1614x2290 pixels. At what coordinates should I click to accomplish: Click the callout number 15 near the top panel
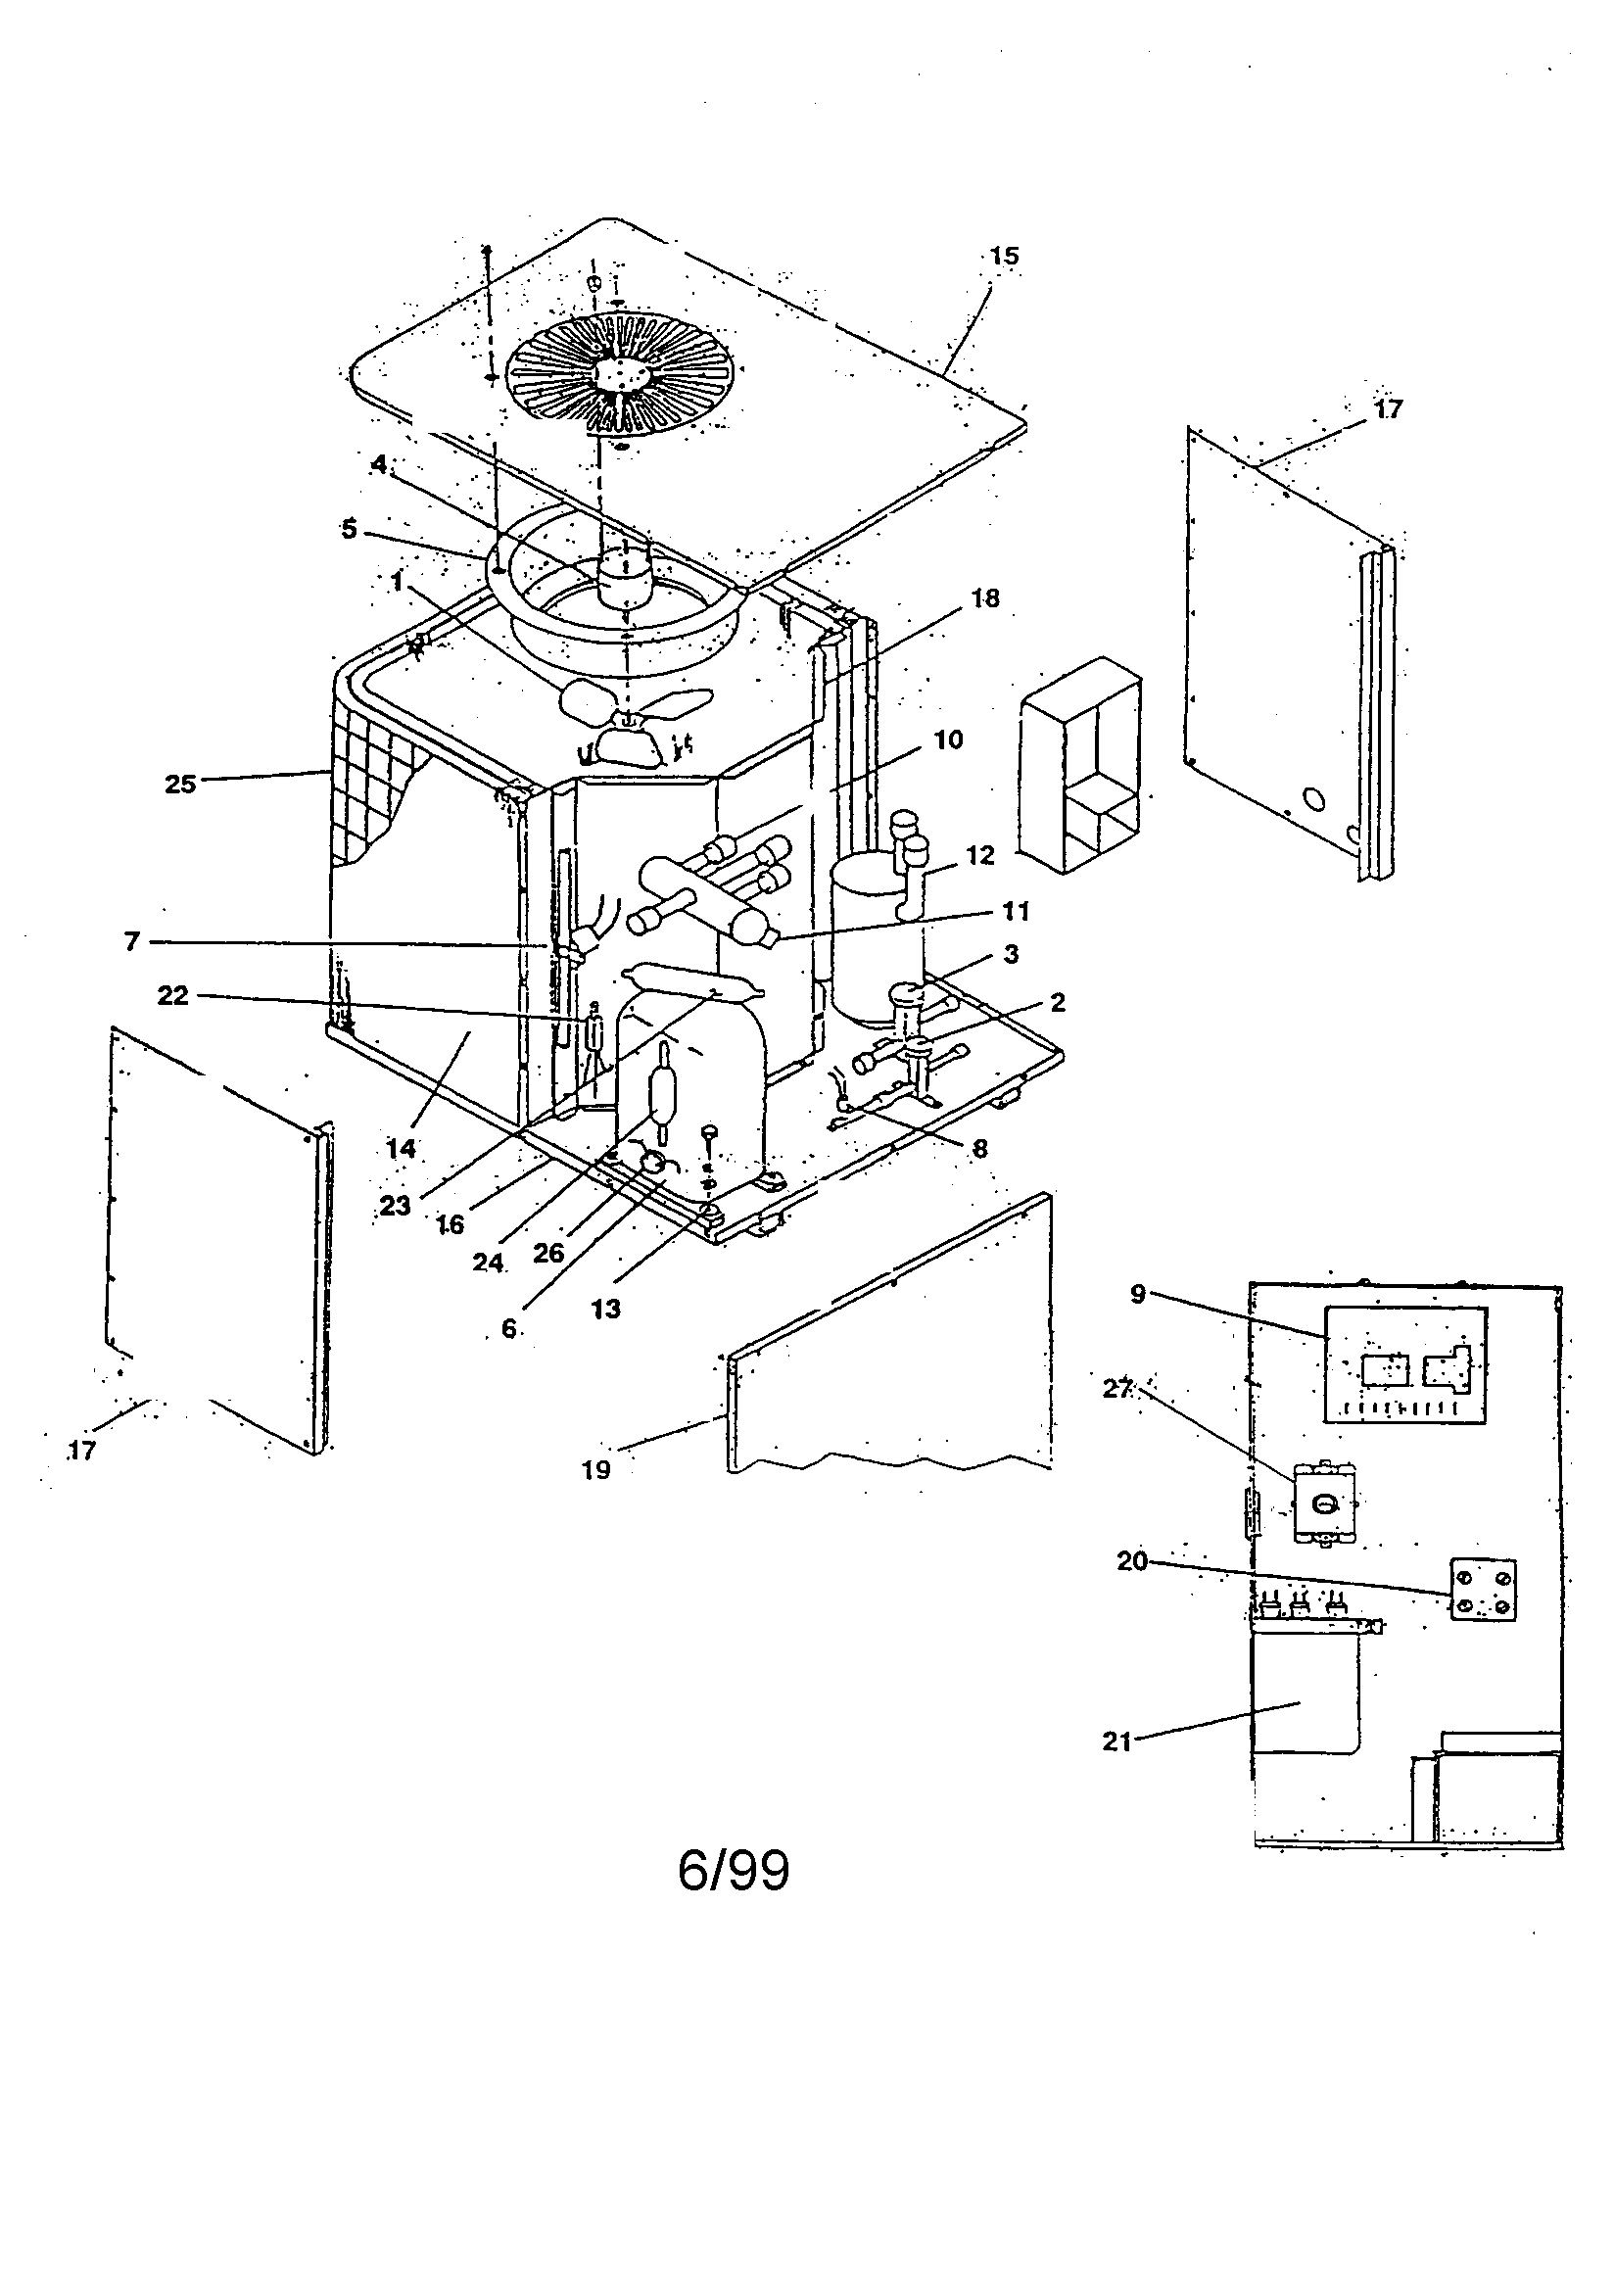pyautogui.click(x=1004, y=257)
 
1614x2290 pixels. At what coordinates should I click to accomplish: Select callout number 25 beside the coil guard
pyautogui.click(x=180, y=784)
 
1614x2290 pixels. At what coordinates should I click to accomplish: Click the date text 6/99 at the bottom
pyautogui.click(x=734, y=1871)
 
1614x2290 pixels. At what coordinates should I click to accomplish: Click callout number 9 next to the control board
pyautogui.click(x=1138, y=1295)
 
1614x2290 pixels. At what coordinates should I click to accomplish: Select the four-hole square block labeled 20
pyautogui.click(x=1483, y=1590)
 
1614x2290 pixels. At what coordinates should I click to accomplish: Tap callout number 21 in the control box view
pyautogui.click(x=1116, y=1741)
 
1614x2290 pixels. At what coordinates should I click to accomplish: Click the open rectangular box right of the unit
pyautogui.click(x=1080, y=765)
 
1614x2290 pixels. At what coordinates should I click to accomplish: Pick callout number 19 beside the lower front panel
pyautogui.click(x=595, y=1469)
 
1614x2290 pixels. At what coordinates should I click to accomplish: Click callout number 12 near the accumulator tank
pyautogui.click(x=980, y=856)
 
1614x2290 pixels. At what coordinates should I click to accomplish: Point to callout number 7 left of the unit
pyautogui.click(x=131, y=941)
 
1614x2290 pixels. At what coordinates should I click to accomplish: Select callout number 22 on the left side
pyautogui.click(x=172, y=995)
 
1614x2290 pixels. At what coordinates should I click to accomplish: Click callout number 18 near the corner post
pyautogui.click(x=985, y=598)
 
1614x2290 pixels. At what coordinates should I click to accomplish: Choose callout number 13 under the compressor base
pyautogui.click(x=605, y=1309)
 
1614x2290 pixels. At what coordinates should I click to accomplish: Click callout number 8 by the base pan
pyautogui.click(x=979, y=1149)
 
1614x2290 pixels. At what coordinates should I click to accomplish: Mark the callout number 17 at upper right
pyautogui.click(x=1388, y=409)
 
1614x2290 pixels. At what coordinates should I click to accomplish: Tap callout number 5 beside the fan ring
pyautogui.click(x=348, y=529)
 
